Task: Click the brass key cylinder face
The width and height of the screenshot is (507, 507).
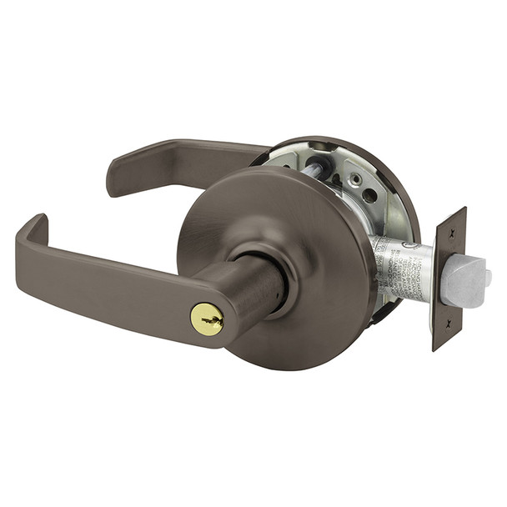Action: pyautogui.click(x=207, y=319)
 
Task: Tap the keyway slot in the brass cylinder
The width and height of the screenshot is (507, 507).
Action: pyautogui.click(x=206, y=319)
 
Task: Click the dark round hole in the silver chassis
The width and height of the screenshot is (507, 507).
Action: pyautogui.click(x=369, y=197)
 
